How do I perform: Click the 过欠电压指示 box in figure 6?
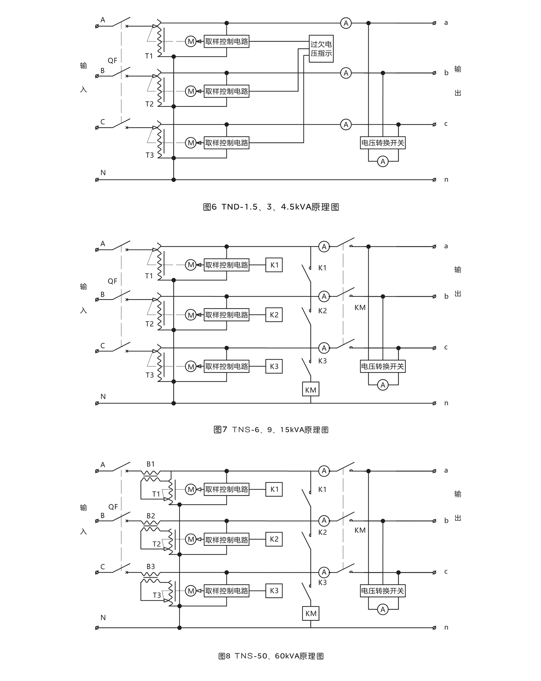pos(321,49)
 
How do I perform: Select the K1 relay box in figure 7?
pos(274,265)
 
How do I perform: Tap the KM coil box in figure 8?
pos(311,613)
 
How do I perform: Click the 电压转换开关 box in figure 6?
pos(382,143)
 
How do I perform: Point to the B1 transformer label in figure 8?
pos(151,464)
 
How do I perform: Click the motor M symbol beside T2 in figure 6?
pos(190,91)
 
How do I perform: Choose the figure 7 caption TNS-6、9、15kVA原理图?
pos(271,430)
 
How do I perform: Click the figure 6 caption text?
pos(271,207)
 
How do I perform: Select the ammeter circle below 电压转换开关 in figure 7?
pos(383,385)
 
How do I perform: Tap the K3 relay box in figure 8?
pos(274,591)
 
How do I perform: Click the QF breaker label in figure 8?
pos(113,507)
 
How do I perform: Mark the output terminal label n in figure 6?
pos(446,180)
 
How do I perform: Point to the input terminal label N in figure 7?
pos(103,396)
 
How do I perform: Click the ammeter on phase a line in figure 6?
pos(346,23)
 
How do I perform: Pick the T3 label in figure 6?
pos(150,155)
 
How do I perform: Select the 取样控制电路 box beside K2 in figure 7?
pos(226,315)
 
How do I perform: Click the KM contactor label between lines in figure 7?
pos(360,307)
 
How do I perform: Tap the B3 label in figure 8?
pos(151,566)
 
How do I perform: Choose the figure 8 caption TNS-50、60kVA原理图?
pos(271,656)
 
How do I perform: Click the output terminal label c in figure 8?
pos(446,572)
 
